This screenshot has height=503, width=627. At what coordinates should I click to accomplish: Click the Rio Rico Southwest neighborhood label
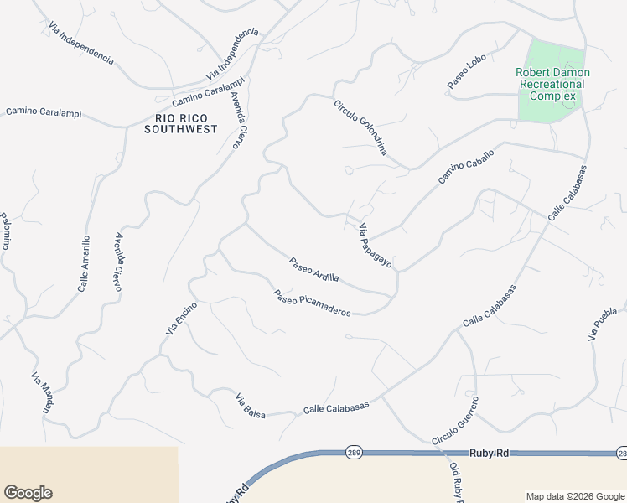(x=180, y=123)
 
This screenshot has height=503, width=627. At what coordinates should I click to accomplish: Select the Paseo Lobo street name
(x=467, y=74)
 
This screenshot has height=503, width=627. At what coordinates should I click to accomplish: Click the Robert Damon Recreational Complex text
(x=552, y=84)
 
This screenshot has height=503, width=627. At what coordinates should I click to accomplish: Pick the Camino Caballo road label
(x=466, y=167)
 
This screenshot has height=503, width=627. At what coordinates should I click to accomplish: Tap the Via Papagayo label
(x=376, y=246)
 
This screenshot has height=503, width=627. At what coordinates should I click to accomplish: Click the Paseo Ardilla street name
(x=314, y=269)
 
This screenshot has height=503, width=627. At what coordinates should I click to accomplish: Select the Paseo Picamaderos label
(x=312, y=303)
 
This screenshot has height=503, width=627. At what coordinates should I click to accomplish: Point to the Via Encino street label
(x=181, y=319)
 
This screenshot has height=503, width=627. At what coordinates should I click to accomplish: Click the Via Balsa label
(x=250, y=405)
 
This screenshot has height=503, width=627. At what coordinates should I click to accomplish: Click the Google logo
(x=28, y=493)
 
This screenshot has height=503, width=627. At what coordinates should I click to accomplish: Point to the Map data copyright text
(x=574, y=495)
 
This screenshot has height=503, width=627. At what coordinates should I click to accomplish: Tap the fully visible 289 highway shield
(x=354, y=453)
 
